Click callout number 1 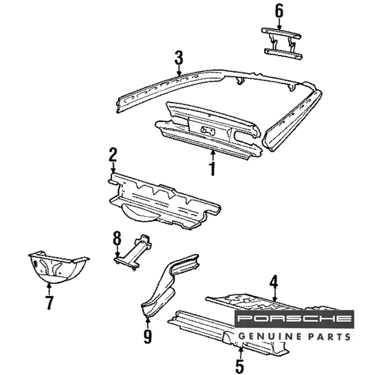click(x=213, y=168)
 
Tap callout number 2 click(x=113, y=156)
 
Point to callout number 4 click(x=274, y=282)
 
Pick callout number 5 click(x=239, y=366)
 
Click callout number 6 click(x=279, y=11)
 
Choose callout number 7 click(x=49, y=302)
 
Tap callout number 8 click(x=117, y=238)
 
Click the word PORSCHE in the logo click(x=294, y=319)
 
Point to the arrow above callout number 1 click(x=213, y=154)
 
